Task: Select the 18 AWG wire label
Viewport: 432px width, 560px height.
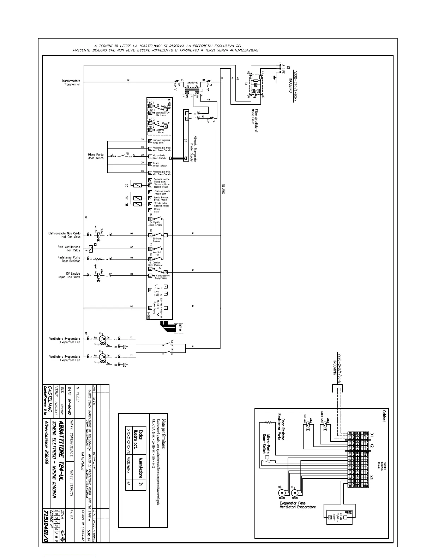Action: (223, 189)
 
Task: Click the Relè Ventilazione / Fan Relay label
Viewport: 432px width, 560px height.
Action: (69, 249)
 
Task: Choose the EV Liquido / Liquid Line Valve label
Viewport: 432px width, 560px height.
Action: (69, 275)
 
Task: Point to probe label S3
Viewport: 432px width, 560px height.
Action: (126, 185)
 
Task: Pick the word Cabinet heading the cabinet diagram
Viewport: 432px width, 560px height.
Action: (384, 416)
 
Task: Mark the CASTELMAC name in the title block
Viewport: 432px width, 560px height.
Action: (50, 399)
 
